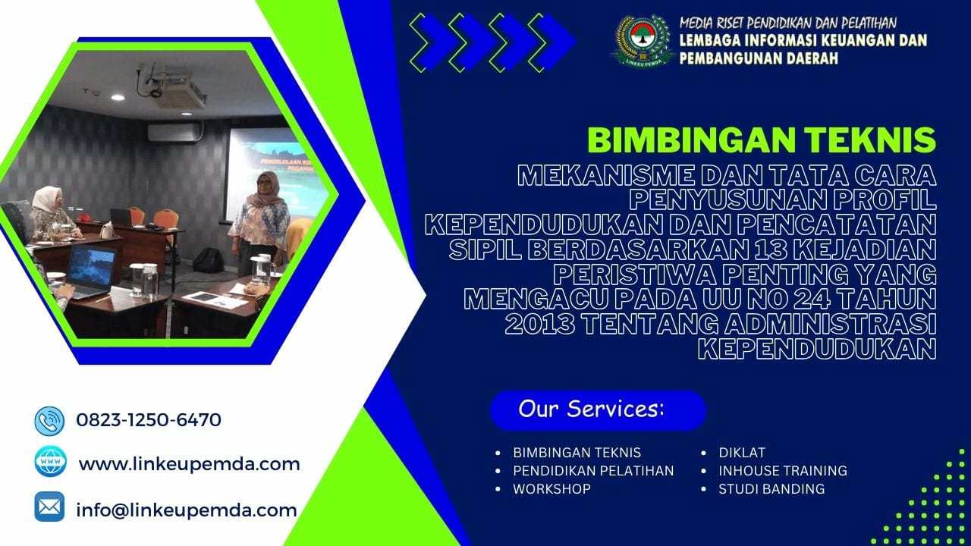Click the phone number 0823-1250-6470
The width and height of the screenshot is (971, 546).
click(x=149, y=419)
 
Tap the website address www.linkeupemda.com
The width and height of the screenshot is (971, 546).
click(x=189, y=463)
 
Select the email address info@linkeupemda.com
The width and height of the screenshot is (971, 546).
click(x=186, y=510)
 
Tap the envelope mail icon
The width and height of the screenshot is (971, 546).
click(x=49, y=506)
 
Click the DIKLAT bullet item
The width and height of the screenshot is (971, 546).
click(x=742, y=453)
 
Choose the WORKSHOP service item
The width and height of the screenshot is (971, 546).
click(x=551, y=489)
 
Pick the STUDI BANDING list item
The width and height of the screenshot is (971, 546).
click(x=771, y=489)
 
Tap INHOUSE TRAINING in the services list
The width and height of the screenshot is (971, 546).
click(x=783, y=471)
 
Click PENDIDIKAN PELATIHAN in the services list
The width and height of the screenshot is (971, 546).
click(x=593, y=471)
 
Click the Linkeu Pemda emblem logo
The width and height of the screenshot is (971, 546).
click(x=642, y=44)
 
